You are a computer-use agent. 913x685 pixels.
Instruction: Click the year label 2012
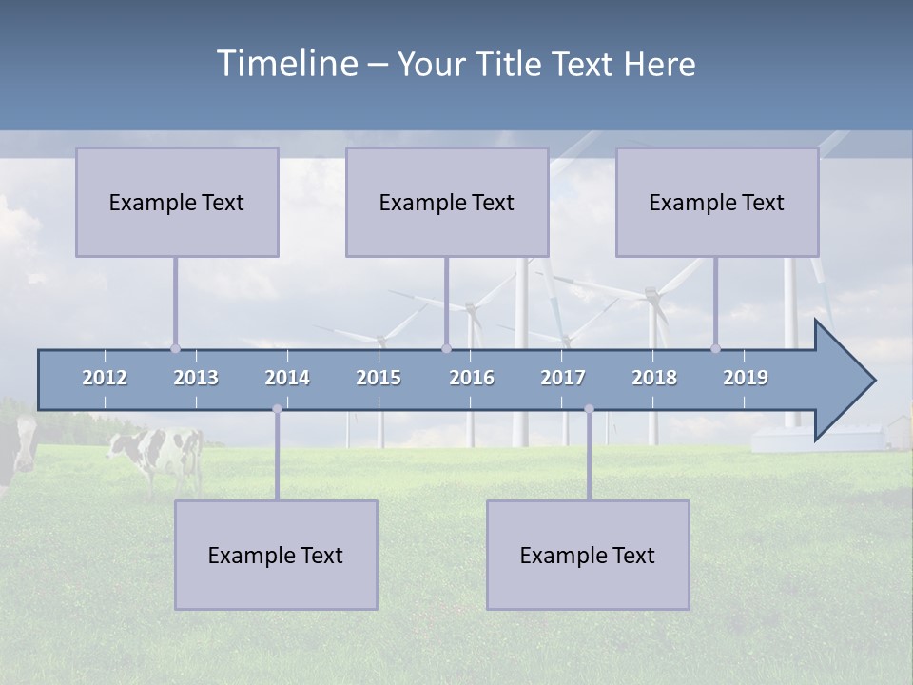coord(105,378)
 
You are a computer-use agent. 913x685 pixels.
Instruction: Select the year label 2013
coord(196,378)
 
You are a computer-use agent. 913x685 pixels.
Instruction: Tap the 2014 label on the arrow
coord(287,378)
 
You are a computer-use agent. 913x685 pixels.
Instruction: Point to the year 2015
coord(379,378)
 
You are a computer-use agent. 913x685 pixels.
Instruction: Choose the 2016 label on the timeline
coord(472,378)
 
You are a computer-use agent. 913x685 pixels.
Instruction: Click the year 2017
coord(563,378)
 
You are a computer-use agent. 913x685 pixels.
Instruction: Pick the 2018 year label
coord(654,378)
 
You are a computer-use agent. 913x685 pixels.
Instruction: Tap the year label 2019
coord(746,378)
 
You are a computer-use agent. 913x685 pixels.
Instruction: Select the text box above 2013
coord(177,202)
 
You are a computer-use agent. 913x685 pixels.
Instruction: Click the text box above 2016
coord(447,202)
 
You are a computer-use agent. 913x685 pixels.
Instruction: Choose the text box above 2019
coord(717,202)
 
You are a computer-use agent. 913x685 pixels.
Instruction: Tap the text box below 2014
coord(276,555)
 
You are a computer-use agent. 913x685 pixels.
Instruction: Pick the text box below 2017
coord(588,555)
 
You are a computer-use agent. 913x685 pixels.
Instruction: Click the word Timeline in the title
coord(285,64)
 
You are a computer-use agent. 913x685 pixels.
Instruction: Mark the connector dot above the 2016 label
coord(446,348)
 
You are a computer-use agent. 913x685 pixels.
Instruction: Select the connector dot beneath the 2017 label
coord(589,409)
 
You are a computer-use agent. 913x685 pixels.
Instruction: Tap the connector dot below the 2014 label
coord(277,409)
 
